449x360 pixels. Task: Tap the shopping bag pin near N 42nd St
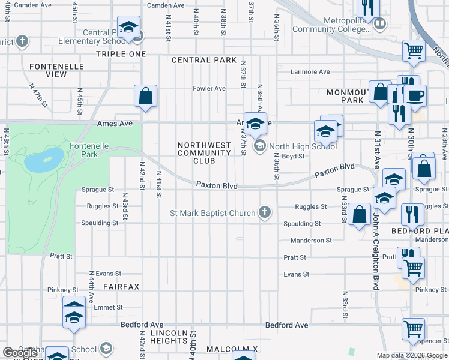coord(146,96)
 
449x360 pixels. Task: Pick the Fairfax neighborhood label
coord(121,287)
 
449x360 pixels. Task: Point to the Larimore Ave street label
coord(310,72)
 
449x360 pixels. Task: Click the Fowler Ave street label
coord(209,89)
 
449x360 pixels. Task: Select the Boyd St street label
coord(294,156)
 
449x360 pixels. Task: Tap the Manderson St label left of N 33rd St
coord(311,241)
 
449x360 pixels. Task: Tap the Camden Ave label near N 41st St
coord(166,5)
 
